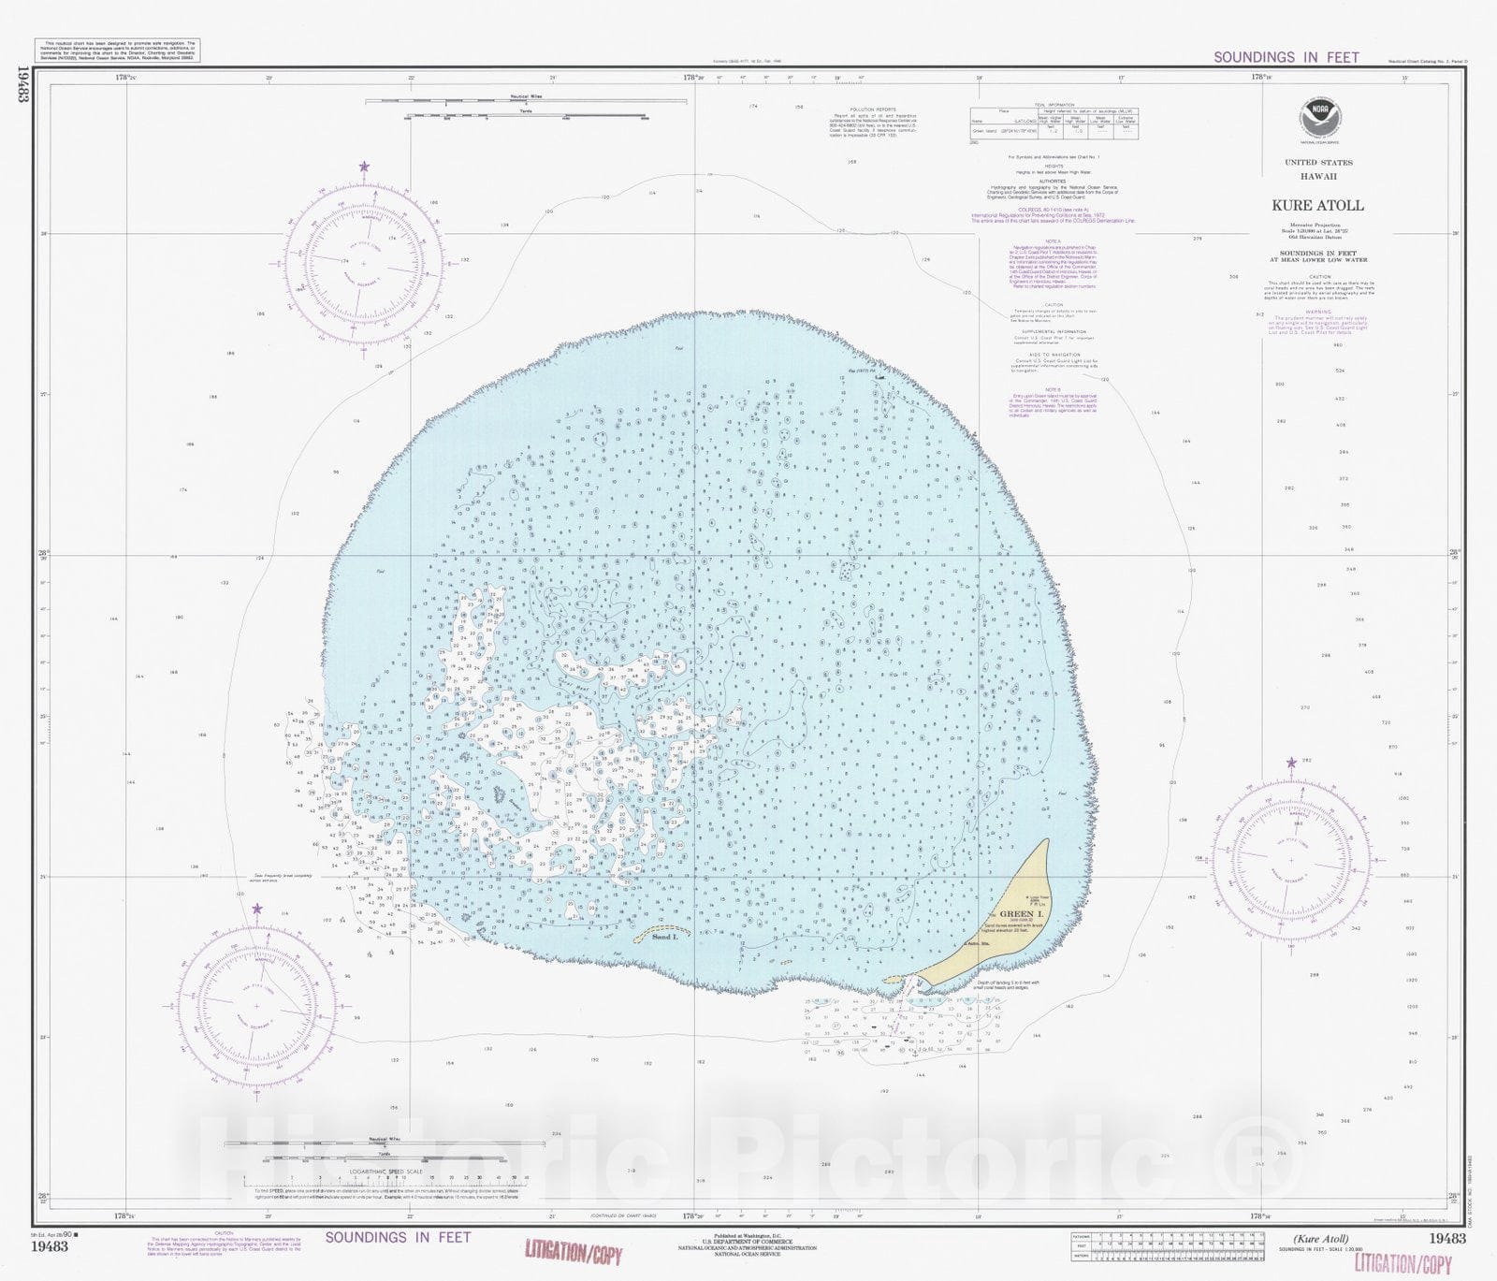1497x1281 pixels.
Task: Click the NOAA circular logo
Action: coord(1318,121)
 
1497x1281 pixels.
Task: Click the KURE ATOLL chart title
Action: coord(1317,205)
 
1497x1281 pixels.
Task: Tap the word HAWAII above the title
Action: coord(1317,176)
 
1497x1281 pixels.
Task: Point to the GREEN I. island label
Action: coord(1017,913)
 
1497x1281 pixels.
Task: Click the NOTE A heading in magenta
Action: coord(1054,241)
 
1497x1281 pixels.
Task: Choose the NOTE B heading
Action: coord(1054,389)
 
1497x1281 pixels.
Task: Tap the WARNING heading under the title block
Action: coord(1317,312)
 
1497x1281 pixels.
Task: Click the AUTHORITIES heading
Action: coord(1054,182)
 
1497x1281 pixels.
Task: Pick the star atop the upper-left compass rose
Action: coord(364,167)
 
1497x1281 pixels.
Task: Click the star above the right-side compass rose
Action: coord(1291,763)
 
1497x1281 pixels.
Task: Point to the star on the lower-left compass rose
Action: coord(257,909)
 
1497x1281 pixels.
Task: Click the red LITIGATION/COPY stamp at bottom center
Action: coord(573,1252)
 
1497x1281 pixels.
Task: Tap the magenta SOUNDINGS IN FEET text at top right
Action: coord(1286,57)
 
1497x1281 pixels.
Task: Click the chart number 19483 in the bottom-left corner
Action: coord(49,1245)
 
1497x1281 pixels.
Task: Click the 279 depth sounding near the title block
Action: coord(1197,239)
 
